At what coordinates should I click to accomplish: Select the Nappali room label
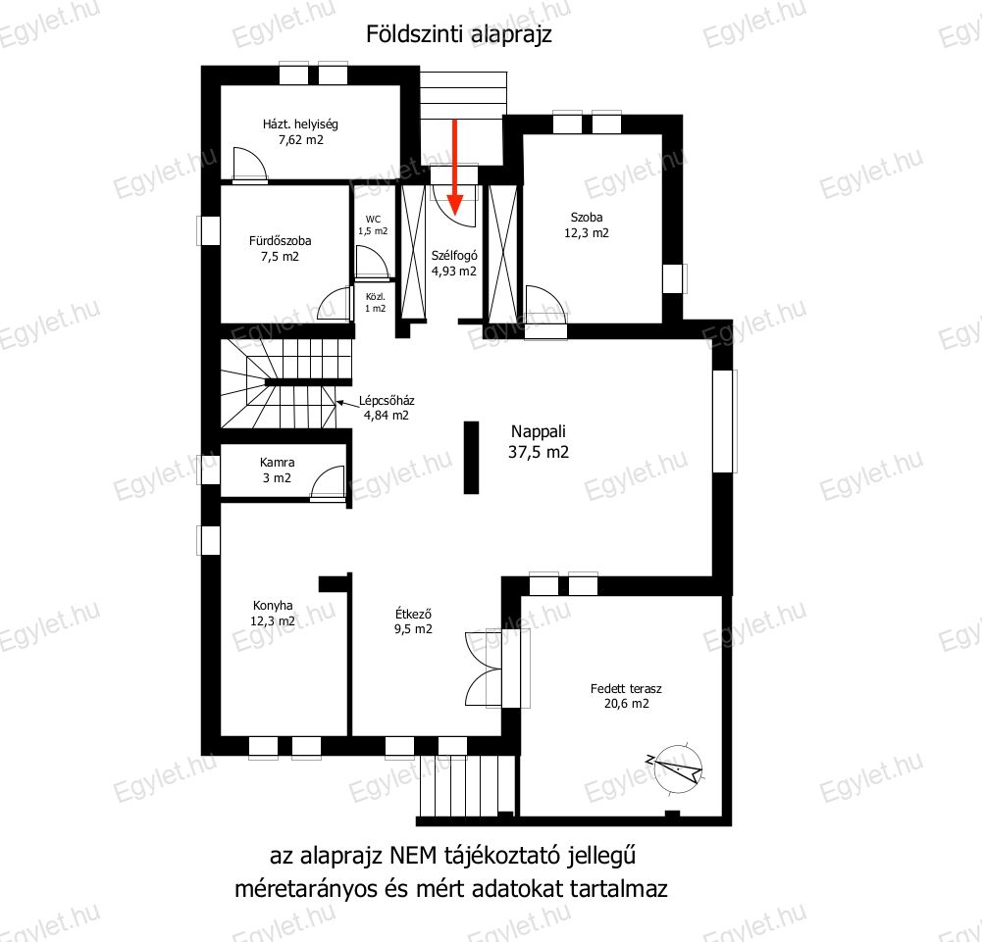coord(539,441)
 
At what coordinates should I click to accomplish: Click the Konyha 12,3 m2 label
coord(273,614)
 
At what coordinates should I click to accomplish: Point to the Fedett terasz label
coord(626,696)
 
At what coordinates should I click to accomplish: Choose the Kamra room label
coord(277,471)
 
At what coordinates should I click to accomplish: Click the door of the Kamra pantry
coord(329,483)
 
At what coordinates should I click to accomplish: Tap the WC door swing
coord(371,262)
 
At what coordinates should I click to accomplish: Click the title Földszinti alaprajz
coord(459,33)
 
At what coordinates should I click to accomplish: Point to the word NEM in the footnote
coord(413,855)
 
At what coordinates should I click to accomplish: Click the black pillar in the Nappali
coord(471,458)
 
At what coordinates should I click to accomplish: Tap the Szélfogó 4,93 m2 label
coord(454,264)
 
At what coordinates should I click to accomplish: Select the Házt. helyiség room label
coord(300,131)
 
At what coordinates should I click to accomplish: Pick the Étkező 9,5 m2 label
coord(413,621)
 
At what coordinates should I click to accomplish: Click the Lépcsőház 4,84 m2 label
coord(387,408)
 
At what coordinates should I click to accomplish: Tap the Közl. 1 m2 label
coord(376,303)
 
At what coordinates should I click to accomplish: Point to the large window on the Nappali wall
coord(724,421)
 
